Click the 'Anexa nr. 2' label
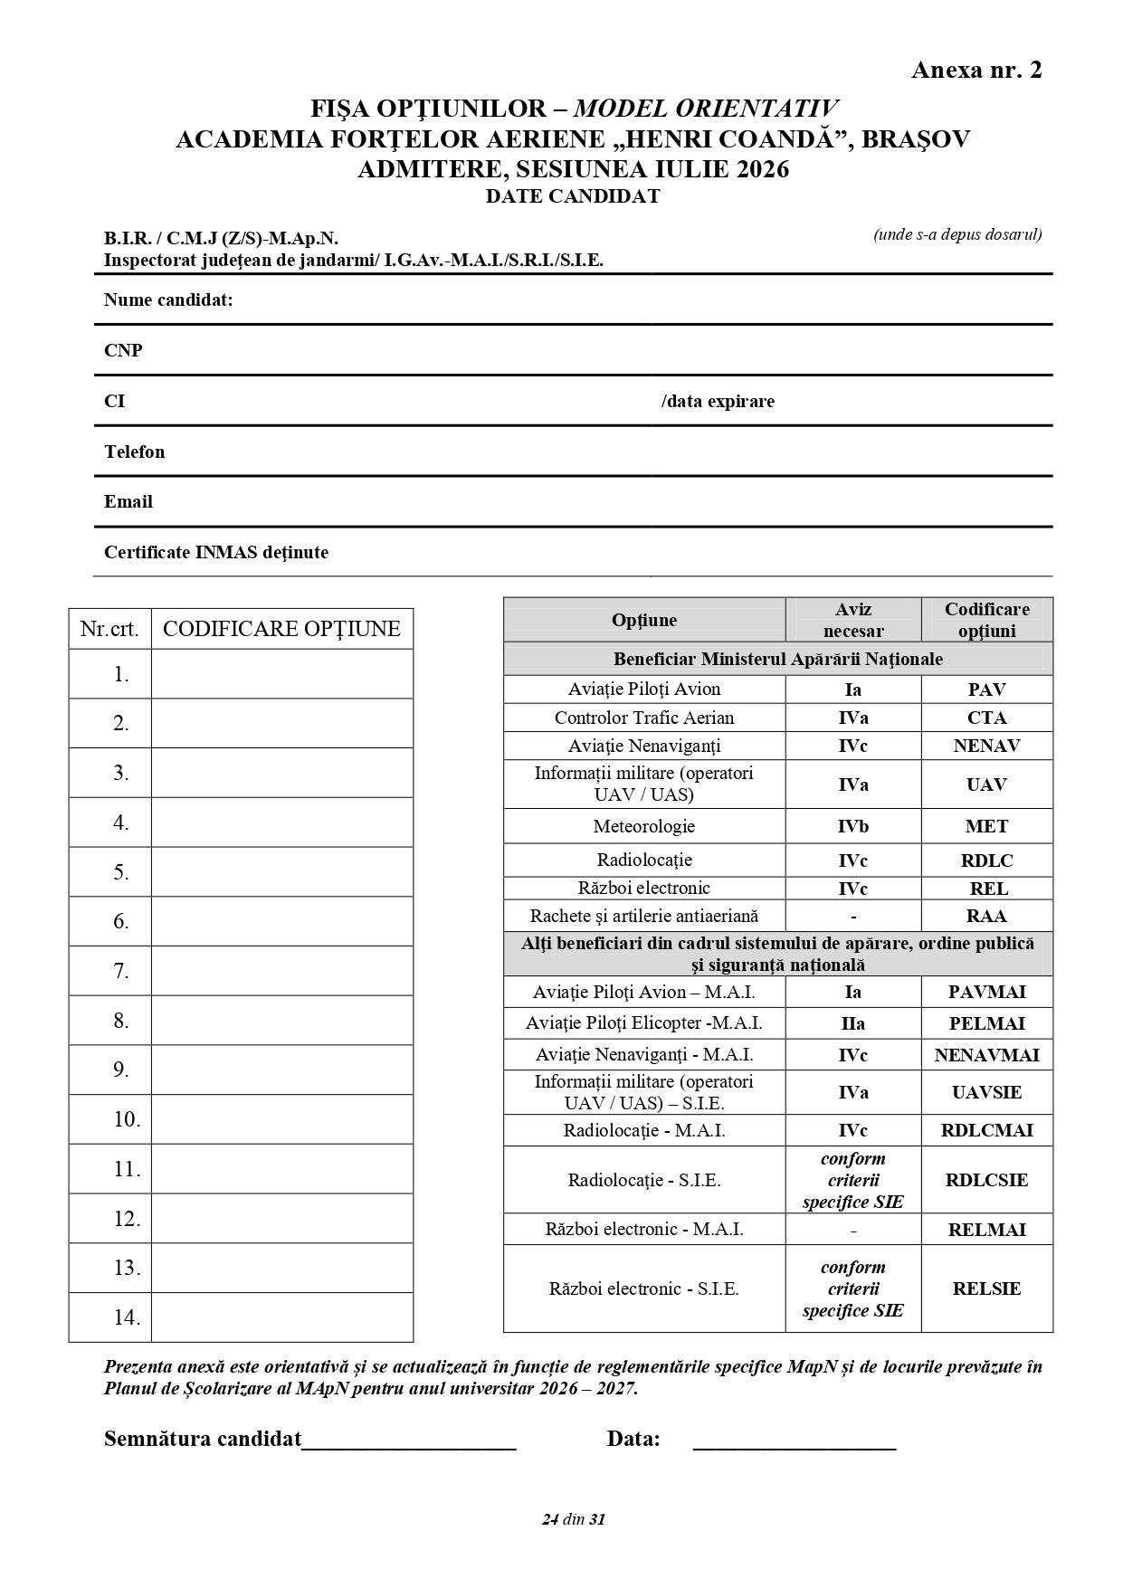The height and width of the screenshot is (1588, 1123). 976,71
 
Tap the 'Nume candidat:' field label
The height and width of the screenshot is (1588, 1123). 168,300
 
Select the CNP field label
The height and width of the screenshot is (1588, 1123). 123,351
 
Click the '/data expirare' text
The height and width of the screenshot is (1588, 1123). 718,402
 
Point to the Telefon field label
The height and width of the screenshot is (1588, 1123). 134,452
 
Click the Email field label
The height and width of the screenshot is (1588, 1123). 128,502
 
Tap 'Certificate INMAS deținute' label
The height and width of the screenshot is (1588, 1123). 215,553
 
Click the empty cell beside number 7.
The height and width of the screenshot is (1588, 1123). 281,971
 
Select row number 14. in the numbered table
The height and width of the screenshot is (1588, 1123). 121,1317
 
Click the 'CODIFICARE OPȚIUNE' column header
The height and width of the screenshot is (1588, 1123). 281,629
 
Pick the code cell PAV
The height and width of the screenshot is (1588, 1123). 986,689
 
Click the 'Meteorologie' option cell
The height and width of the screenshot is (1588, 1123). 643,826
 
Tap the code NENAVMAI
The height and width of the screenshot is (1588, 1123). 986,1055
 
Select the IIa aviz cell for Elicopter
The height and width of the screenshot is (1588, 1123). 852,1023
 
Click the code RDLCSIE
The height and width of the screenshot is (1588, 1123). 986,1180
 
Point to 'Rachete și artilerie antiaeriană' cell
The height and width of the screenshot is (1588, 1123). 643,916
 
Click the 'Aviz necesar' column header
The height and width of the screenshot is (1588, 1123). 852,620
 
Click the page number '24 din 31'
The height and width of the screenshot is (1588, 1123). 573,1519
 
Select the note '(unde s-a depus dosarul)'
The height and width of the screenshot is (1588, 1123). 956,235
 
